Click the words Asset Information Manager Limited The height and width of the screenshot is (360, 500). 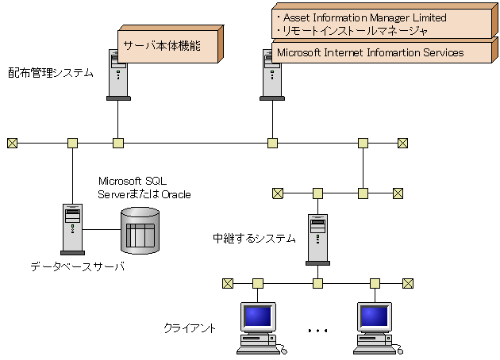[361, 17]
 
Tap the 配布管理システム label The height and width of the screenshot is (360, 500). [51, 73]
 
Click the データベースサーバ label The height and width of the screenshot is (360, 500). [77, 266]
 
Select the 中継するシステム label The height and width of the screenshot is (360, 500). [254, 238]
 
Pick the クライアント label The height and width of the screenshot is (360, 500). [190, 327]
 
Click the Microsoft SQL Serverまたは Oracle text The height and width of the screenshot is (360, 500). [144, 188]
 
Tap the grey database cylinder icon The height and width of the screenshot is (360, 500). [140, 230]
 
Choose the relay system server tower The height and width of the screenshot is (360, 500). [317, 238]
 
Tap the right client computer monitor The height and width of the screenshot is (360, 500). [374, 318]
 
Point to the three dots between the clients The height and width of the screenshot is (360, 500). [317, 329]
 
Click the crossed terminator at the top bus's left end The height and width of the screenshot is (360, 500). [12, 144]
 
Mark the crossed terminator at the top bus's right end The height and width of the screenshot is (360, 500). [402, 144]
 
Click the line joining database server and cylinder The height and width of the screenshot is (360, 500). [102, 230]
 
